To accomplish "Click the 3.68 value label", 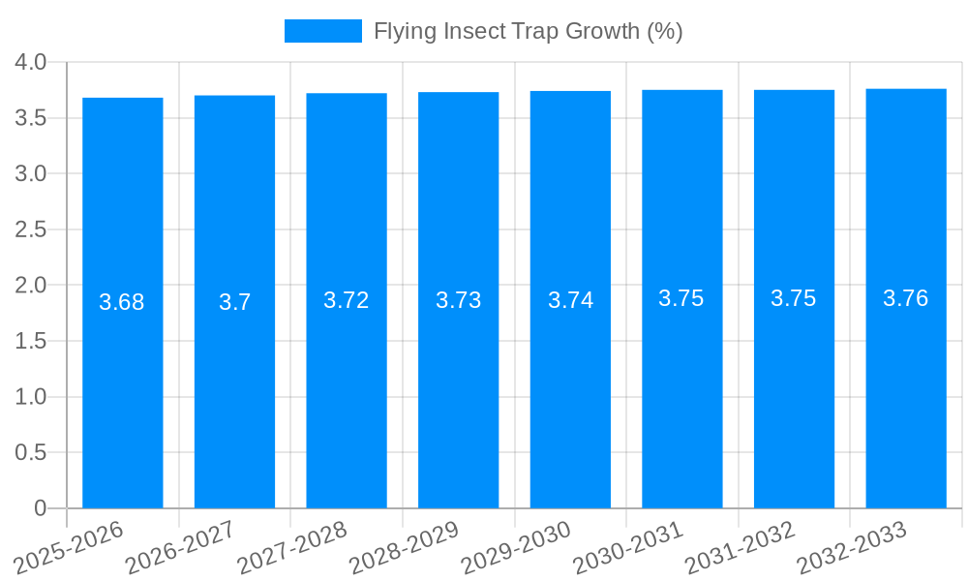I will (x=122, y=302).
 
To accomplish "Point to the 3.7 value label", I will (x=234, y=302).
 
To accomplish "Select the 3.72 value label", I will (x=347, y=300).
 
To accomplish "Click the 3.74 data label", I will (x=571, y=300).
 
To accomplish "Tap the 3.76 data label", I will (x=906, y=298).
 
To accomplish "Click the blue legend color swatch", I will (x=322, y=31).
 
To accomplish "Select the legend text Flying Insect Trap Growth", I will (x=529, y=31).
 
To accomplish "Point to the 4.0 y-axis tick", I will (x=31, y=63).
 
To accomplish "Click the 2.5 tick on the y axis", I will (x=31, y=229).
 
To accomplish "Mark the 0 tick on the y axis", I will (x=40, y=508).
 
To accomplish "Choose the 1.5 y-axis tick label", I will (x=31, y=341).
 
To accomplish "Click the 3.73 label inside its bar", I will (x=459, y=300).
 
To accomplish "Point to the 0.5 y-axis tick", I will (x=31, y=452).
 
